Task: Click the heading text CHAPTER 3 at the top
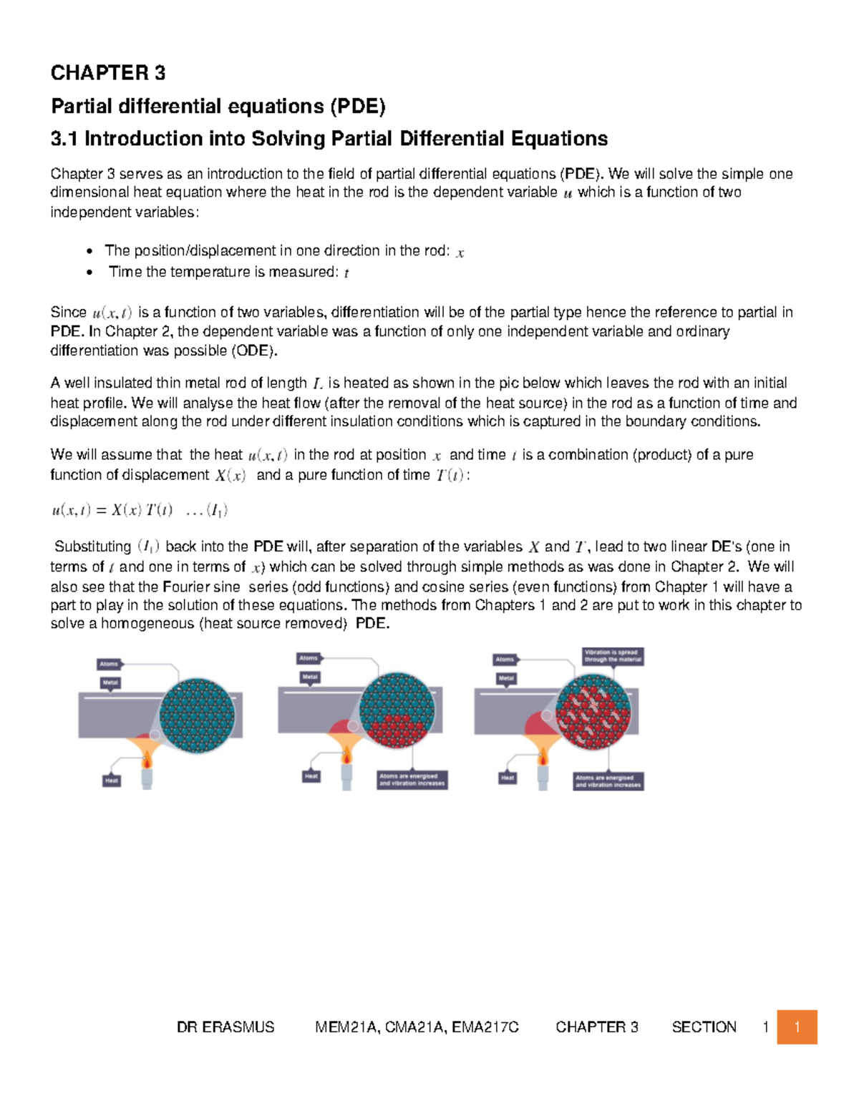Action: [107, 73]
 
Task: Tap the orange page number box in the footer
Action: [797, 1027]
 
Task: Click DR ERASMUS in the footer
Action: [225, 1027]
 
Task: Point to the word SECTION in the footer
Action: [704, 1027]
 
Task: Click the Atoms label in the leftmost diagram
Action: [109, 664]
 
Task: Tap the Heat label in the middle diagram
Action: [311, 775]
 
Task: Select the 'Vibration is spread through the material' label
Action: [613, 656]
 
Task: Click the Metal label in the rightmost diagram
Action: [506, 678]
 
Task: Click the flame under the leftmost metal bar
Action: [147, 758]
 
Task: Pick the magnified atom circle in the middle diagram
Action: [397, 710]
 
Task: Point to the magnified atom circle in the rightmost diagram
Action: [593, 713]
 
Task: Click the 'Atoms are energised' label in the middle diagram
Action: [412, 780]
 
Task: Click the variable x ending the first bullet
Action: [460, 253]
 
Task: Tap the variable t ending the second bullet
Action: [346, 273]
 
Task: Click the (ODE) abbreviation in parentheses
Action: [253, 351]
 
